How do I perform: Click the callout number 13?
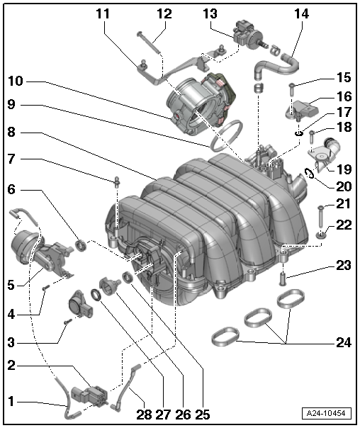point(210,13)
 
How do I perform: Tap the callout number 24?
point(343,342)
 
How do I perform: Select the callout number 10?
point(16,81)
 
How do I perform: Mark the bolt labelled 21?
point(320,213)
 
